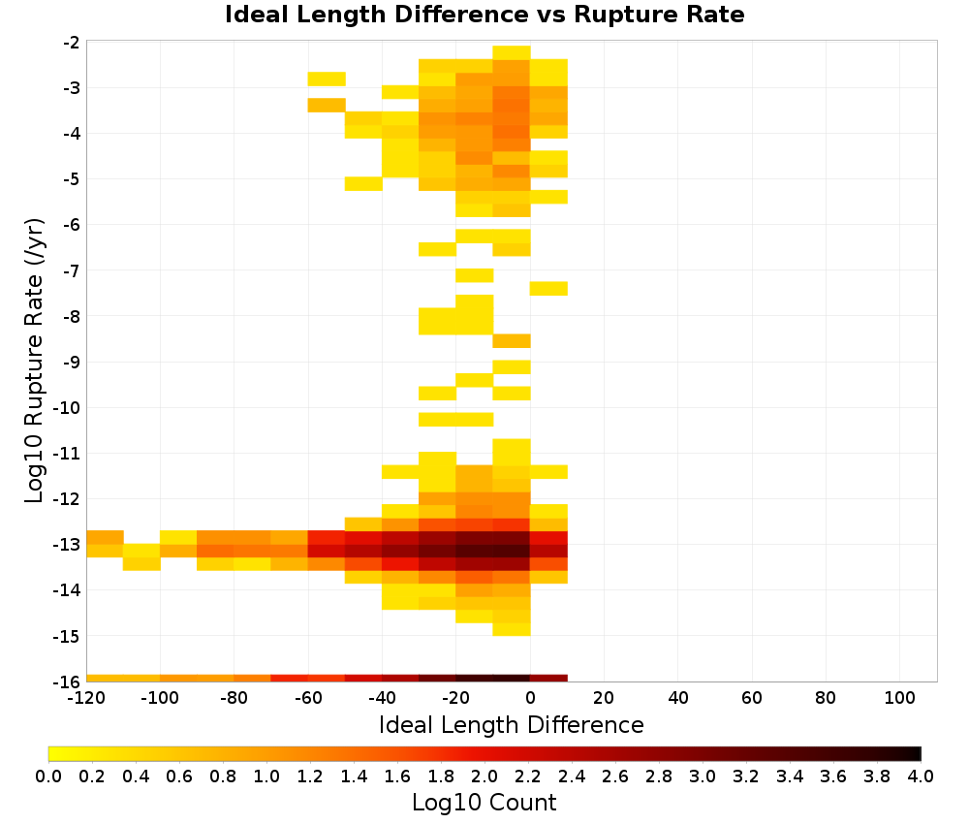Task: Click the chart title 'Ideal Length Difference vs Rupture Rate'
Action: point(484,15)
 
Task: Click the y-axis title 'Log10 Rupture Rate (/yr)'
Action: point(34,361)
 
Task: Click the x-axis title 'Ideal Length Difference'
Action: point(511,724)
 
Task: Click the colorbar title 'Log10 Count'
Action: point(484,803)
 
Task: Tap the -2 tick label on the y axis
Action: point(71,43)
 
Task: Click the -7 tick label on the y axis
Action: point(71,270)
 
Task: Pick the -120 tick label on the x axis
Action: point(86,699)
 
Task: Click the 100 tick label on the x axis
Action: point(899,699)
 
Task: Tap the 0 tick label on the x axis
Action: point(530,699)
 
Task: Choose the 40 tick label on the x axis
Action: point(678,699)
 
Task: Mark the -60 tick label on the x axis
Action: point(308,699)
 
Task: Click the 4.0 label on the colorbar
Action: point(921,776)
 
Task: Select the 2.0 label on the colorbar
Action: point(484,776)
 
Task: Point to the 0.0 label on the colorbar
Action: point(48,776)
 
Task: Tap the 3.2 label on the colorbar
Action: point(746,776)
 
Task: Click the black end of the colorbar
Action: point(917,753)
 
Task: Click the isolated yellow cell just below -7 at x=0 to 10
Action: point(548,289)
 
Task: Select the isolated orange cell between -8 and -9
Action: point(512,340)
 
